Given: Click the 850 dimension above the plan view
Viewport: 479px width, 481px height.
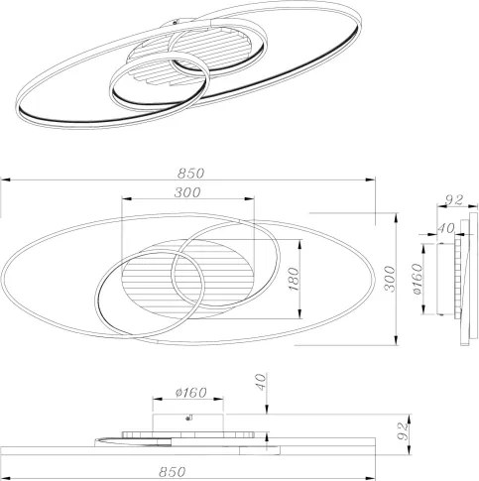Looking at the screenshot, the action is [x=191, y=173].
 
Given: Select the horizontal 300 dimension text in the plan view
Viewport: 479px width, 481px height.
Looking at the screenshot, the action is [x=187, y=192].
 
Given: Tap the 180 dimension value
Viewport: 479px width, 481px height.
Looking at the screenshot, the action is [x=293, y=280].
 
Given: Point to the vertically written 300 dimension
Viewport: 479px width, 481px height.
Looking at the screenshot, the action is [x=391, y=279].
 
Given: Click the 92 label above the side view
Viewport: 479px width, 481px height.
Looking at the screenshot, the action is [x=454, y=200].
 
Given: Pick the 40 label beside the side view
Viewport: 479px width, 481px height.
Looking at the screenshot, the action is [x=446, y=228].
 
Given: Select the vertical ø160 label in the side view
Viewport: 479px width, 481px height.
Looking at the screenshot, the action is [x=418, y=279].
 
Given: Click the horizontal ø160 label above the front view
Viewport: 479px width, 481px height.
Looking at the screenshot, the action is [x=191, y=393].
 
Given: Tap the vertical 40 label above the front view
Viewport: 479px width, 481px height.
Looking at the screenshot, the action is [x=261, y=382].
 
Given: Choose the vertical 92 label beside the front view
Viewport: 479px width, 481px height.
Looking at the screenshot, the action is [x=402, y=431].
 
